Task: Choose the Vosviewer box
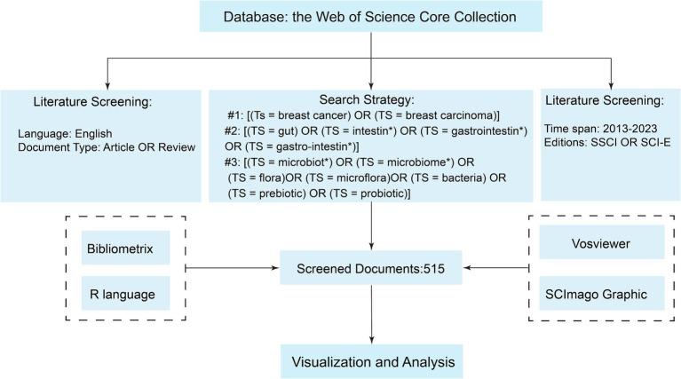coord(601,241)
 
